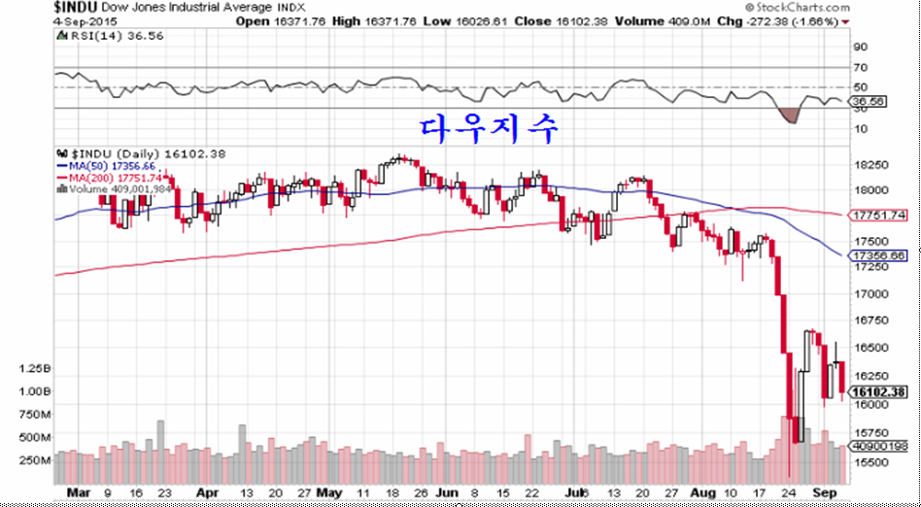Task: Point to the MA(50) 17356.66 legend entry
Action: (107, 167)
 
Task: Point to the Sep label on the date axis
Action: (824, 493)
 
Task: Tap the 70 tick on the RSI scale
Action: (860, 67)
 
